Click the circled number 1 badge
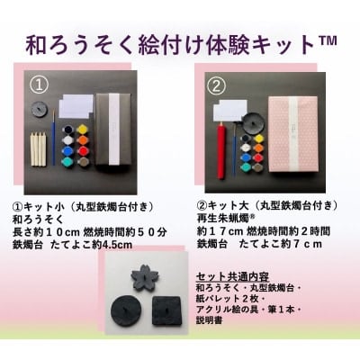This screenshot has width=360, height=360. tap(40, 85)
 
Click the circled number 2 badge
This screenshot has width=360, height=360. tap(216, 85)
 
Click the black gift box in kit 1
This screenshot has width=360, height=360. tap(113, 129)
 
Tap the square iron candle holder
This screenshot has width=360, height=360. tap(166, 310)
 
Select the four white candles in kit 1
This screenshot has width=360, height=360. tap(39, 148)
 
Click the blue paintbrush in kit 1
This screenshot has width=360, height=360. tap(54, 137)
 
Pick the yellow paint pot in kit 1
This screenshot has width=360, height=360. tap(82, 130)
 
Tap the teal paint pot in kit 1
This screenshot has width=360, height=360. tap(67, 161)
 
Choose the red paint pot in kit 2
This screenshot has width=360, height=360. tap(258, 157)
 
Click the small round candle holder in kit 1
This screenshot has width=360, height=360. tap(39, 108)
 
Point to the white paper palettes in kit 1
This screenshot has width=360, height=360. tap(76, 106)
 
